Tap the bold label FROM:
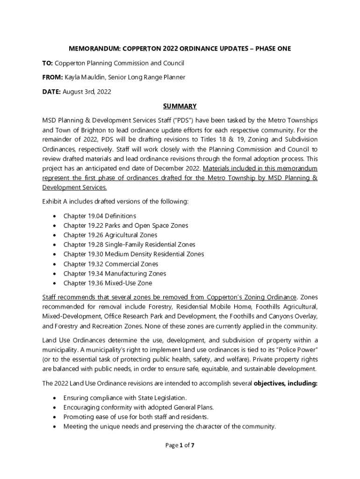coord(52,77)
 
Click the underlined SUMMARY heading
coord(180,106)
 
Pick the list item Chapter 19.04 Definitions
coord(100,216)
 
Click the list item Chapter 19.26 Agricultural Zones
coord(110,235)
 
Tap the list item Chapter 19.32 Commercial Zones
coord(110,264)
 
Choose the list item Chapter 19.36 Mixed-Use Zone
coord(108,283)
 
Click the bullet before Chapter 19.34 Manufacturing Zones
coord(55,274)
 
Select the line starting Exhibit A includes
coord(115,201)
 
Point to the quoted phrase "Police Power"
coord(298,349)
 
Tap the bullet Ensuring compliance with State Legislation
coord(125,398)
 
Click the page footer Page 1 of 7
coord(180,445)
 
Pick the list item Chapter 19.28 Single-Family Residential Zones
coord(129,245)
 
